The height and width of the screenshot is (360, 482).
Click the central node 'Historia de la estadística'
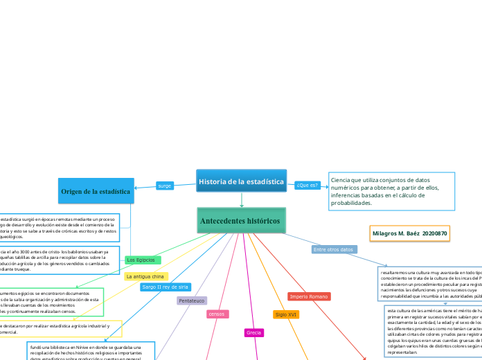pos(241,182)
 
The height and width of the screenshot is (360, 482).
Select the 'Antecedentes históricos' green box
pos(241,221)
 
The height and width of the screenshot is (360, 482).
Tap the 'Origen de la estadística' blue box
pos(96,190)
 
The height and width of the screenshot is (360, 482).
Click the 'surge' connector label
pos(165,186)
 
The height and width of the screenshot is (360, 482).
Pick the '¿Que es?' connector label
pos(307,186)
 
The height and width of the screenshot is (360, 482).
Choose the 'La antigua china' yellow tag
pos(145,276)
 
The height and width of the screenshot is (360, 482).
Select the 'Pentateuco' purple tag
pos(192,301)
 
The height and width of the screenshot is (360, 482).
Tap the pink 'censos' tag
pos(217,314)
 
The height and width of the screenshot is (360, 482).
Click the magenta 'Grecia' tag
pos(253,333)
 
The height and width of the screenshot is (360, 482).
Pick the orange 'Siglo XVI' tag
pos(286,314)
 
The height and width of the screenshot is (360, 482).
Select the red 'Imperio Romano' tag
pos(309,296)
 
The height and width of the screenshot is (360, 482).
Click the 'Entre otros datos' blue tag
pos(334,249)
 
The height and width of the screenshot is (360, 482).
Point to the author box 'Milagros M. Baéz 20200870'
pos(410,234)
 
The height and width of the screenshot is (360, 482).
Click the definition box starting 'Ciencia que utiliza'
pos(392,190)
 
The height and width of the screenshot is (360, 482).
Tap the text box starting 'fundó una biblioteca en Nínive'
pos(85,350)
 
